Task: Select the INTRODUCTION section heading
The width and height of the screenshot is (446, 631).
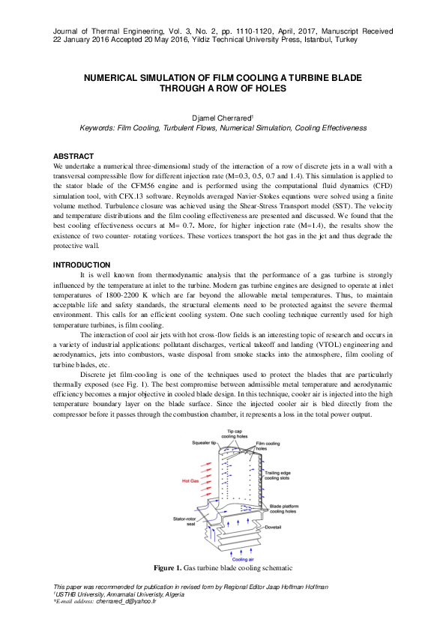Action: tap(81, 265)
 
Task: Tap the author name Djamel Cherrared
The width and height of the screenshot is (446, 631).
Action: tap(222, 118)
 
